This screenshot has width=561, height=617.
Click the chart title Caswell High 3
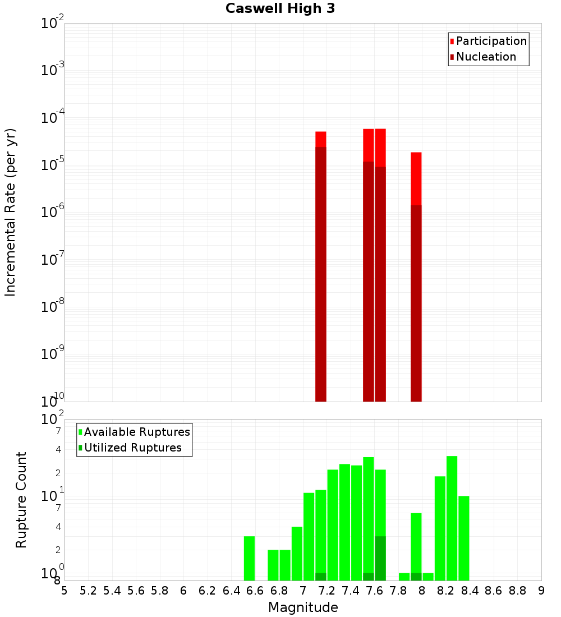[x=280, y=9]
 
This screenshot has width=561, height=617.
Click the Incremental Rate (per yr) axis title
[x=11, y=212]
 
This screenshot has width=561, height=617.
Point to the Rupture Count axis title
[x=21, y=500]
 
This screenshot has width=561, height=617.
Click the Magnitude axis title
[x=303, y=607]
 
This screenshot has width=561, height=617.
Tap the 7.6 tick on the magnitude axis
[x=374, y=591]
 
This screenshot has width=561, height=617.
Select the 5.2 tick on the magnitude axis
[x=88, y=591]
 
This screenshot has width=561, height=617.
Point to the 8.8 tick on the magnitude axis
[x=517, y=591]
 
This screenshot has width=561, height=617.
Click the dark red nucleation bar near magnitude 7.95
[x=416, y=303]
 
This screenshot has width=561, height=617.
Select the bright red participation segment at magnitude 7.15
[x=321, y=139]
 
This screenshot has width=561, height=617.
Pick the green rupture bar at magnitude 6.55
[x=250, y=558]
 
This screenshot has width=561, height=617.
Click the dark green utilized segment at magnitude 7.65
[x=380, y=558]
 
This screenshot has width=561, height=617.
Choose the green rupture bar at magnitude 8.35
[x=463, y=538]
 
